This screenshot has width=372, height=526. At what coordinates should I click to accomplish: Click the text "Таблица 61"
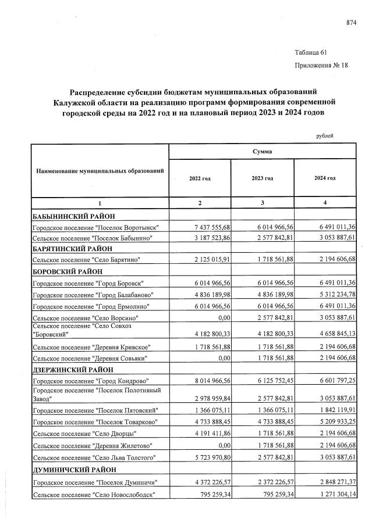(x=311, y=52)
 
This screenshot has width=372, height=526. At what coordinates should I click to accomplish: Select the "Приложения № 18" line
(x=321, y=65)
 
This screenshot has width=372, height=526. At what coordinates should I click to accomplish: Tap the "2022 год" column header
(x=199, y=178)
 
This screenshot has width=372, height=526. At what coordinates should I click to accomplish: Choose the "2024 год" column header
(x=325, y=178)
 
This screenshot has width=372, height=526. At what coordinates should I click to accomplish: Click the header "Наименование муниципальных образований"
(x=100, y=171)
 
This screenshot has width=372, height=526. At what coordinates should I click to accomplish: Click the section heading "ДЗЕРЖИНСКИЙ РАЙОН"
(x=70, y=369)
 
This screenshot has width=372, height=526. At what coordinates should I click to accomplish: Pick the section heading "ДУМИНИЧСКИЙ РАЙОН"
(x=70, y=471)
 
